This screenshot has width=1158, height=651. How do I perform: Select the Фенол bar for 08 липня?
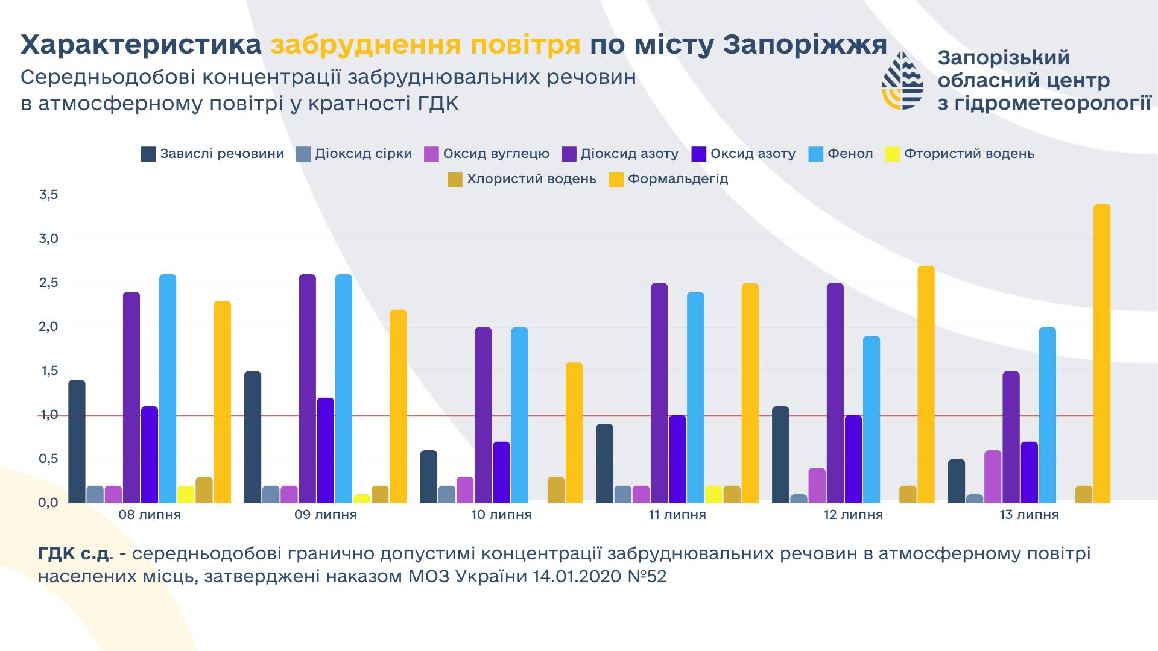point(168,389)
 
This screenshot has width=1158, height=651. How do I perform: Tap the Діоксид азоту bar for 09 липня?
point(307,389)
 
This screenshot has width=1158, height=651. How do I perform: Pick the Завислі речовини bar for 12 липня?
point(780,454)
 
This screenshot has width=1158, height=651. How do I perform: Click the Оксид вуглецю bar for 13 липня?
point(993,476)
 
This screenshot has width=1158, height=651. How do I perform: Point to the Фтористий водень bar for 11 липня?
point(713,494)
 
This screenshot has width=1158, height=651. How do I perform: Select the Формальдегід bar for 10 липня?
point(574,433)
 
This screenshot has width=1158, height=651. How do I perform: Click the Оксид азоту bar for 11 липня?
point(677,459)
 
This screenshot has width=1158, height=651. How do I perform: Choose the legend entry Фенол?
point(841,154)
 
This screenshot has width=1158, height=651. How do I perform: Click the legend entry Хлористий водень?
point(522,179)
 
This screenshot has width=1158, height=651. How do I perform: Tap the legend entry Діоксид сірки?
point(355,154)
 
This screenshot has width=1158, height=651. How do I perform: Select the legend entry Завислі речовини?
point(213,154)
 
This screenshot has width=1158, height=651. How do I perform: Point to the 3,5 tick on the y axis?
point(48,195)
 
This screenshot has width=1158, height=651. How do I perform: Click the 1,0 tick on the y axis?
point(48,415)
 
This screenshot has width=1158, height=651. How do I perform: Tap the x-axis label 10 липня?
point(501,515)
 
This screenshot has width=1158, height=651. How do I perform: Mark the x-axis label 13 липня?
point(1029,515)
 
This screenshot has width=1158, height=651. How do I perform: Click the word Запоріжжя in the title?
point(805,45)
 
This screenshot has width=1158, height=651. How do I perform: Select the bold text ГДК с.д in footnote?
point(74,553)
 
